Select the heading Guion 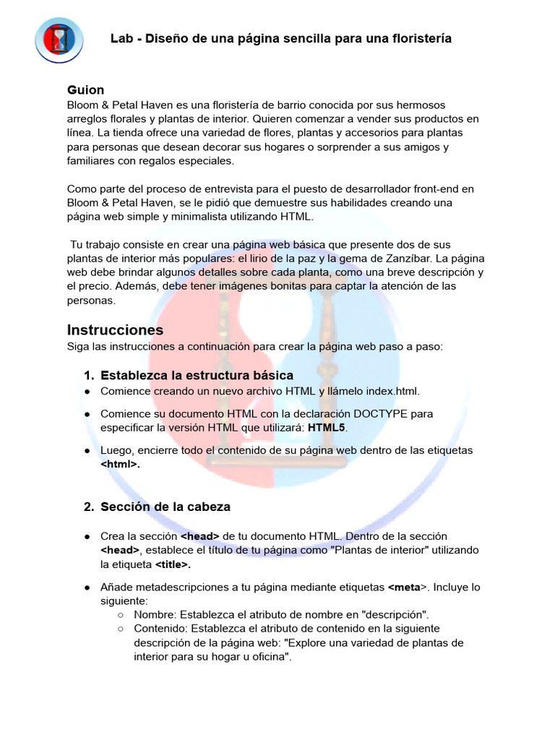click(x=85, y=90)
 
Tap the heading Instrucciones click(x=115, y=330)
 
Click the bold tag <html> click(x=120, y=465)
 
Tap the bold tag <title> click(x=173, y=564)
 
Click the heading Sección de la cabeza click(x=165, y=507)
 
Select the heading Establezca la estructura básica click(x=197, y=375)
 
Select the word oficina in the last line click(x=267, y=657)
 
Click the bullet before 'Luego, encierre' click(x=87, y=450)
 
